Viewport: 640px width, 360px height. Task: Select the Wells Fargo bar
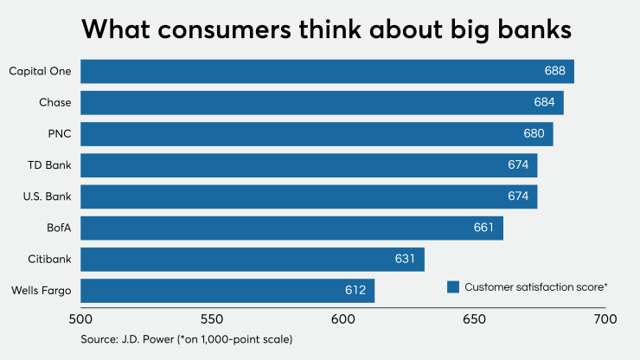point(227,291)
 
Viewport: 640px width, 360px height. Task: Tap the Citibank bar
point(253,259)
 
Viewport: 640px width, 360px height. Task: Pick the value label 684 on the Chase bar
point(545,103)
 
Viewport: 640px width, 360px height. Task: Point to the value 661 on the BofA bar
point(483,228)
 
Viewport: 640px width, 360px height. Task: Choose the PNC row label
point(59,134)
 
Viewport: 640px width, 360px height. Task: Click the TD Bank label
point(52,165)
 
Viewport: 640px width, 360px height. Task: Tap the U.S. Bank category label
point(48,196)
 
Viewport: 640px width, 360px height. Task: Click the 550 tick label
point(212,318)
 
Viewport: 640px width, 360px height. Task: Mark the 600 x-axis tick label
point(343,318)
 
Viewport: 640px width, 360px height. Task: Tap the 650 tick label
point(474,318)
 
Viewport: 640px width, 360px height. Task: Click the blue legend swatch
point(452,286)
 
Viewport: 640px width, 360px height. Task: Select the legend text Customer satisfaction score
point(534,286)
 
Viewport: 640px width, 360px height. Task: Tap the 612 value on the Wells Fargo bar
point(355,291)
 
